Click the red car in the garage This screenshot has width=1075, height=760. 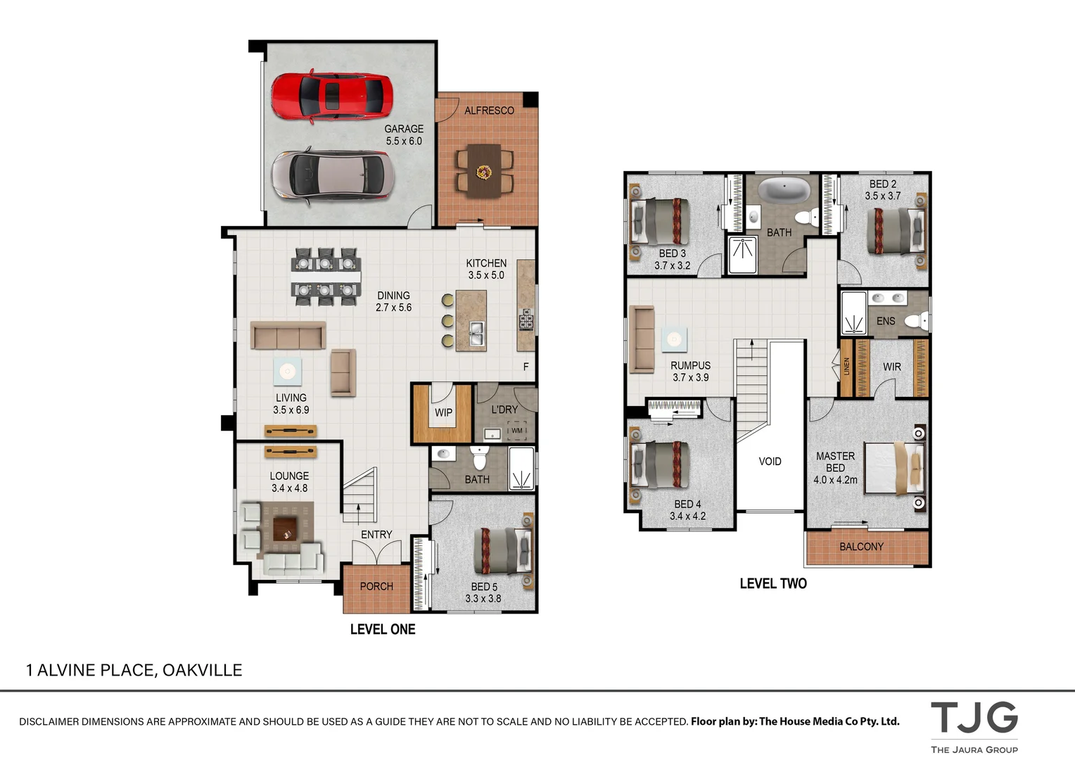click(331, 96)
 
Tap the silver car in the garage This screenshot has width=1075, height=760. click(331, 174)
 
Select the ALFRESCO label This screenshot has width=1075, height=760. click(489, 110)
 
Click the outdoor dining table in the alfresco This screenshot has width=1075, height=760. click(484, 170)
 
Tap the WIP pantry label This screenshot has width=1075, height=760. click(443, 412)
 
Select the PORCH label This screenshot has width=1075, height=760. click(376, 586)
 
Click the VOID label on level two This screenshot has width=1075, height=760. click(770, 462)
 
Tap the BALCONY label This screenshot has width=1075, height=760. click(861, 547)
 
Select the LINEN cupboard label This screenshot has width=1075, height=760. click(846, 367)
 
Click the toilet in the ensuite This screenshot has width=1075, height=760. click(915, 321)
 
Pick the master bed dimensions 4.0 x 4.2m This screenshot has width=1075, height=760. click(835, 480)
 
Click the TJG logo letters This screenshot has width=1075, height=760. click(974, 718)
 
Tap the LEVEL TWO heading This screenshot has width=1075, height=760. click(772, 583)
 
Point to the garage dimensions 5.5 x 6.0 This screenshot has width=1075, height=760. click(404, 141)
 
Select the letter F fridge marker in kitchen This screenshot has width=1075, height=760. click(526, 367)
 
